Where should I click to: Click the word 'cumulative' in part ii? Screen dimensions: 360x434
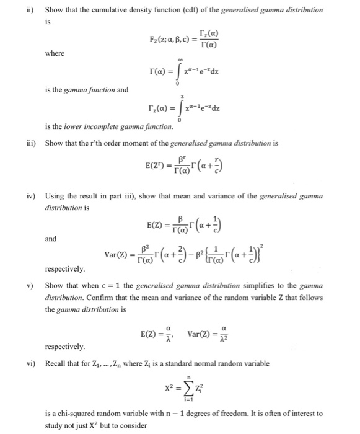click(109, 10)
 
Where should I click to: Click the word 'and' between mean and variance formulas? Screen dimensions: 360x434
click(50, 238)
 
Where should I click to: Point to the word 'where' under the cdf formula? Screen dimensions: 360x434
click(55, 53)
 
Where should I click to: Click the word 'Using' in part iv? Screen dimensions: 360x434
click(56, 197)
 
